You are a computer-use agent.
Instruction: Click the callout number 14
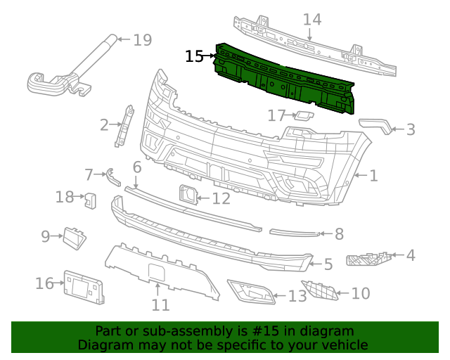tap(312, 19)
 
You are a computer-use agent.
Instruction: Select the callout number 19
tap(142, 39)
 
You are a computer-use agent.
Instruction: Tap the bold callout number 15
tap(194, 56)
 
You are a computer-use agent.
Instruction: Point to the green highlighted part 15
tap(288, 77)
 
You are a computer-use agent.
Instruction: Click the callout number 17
tap(276, 115)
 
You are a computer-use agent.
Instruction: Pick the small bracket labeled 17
tap(303, 115)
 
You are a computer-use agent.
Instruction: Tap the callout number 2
tap(104, 126)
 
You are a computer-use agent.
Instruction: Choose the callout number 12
tap(221, 199)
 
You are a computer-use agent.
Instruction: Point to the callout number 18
tap(65, 197)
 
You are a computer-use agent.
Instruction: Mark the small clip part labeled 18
tap(91, 200)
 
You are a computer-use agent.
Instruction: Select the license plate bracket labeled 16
tap(84, 286)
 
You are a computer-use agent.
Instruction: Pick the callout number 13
tap(297, 296)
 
